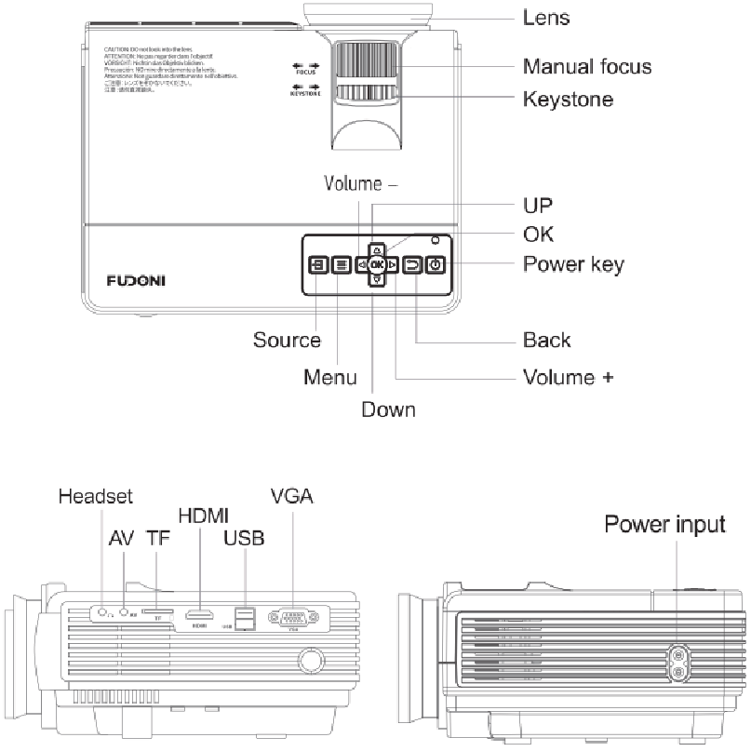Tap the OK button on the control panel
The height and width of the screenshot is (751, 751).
(x=376, y=265)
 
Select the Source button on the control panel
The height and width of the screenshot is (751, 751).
(x=317, y=265)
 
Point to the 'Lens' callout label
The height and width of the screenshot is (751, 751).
(x=546, y=18)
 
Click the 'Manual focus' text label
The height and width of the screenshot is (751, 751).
(x=586, y=66)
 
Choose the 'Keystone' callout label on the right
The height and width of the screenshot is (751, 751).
(x=568, y=98)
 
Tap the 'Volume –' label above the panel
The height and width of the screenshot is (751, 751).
(x=361, y=183)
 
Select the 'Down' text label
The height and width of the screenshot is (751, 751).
(x=388, y=409)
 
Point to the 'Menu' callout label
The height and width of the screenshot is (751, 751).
(x=330, y=377)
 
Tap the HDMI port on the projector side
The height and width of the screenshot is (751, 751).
(x=198, y=615)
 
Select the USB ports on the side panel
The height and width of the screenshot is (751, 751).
(x=245, y=617)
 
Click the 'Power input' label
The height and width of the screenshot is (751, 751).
(x=664, y=524)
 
